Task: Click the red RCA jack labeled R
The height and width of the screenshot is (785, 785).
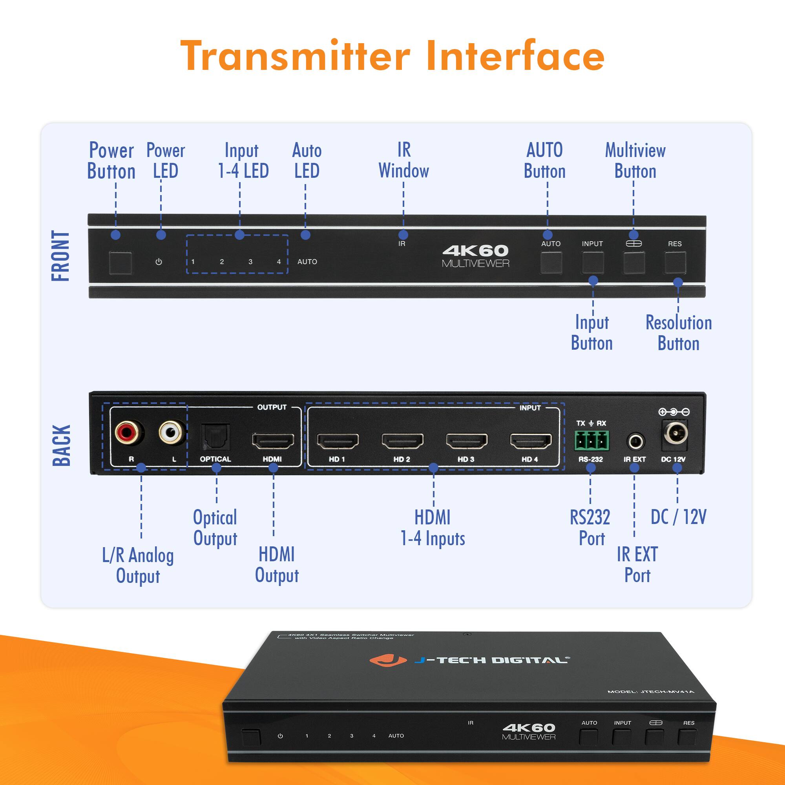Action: pyautogui.click(x=129, y=432)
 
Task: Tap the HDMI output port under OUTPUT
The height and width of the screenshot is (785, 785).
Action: pyautogui.click(x=273, y=441)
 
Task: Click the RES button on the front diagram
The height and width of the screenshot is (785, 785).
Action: pyautogui.click(x=675, y=263)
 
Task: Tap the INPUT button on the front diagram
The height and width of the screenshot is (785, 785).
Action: pyautogui.click(x=592, y=263)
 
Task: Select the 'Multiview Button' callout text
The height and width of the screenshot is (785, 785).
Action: pyautogui.click(x=635, y=161)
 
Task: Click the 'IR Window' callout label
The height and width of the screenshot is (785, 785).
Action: pyautogui.click(x=403, y=161)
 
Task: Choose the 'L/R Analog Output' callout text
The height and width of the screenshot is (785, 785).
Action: pyautogui.click(x=138, y=566)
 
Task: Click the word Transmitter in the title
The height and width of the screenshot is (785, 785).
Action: pyautogui.click(x=295, y=56)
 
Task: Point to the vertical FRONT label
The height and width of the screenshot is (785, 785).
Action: pyautogui.click(x=61, y=256)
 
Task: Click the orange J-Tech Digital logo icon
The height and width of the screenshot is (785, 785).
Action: pyautogui.click(x=387, y=660)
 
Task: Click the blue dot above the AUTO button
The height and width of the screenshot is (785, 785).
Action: pyautogui.click(x=547, y=235)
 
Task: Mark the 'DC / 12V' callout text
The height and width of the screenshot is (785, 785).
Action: pyautogui.click(x=678, y=517)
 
